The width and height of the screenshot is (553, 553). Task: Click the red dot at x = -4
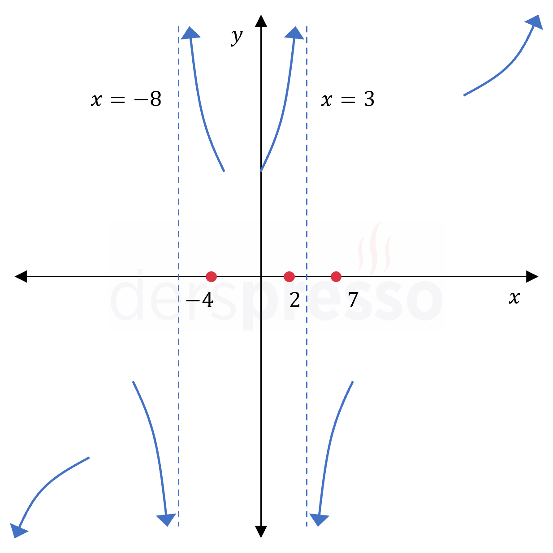click(x=211, y=277)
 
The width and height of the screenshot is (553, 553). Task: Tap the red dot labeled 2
click(x=289, y=277)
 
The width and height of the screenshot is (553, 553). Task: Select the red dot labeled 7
click(x=336, y=277)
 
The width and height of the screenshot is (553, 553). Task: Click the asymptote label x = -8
click(x=126, y=99)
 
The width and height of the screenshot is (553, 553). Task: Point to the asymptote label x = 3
click(x=348, y=99)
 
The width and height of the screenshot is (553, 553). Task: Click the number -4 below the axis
click(x=199, y=300)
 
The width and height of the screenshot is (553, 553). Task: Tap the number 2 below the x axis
click(x=295, y=300)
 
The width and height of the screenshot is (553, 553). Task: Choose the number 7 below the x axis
click(x=353, y=300)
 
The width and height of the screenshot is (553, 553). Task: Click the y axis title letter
click(x=237, y=37)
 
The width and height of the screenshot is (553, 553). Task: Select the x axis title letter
click(x=514, y=297)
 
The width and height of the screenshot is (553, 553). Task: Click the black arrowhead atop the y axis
click(x=261, y=21)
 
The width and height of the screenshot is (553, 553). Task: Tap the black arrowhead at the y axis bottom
click(x=261, y=532)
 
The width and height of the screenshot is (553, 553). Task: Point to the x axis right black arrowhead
click(x=532, y=277)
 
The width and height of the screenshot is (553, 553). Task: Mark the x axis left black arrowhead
click(x=21, y=277)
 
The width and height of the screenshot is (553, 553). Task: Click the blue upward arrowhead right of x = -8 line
click(x=190, y=33)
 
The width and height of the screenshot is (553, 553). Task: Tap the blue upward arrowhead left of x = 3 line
click(x=294, y=33)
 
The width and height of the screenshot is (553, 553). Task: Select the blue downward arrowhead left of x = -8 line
click(x=166, y=520)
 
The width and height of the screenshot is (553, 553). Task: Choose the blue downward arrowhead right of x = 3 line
click(x=319, y=520)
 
